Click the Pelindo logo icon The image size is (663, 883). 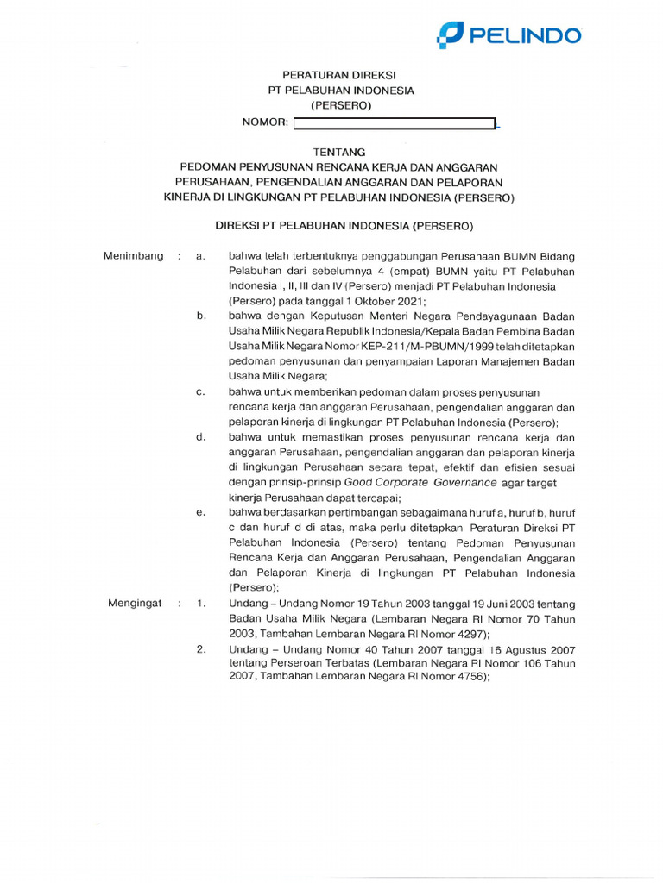click(x=451, y=35)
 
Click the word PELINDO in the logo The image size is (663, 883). click(x=524, y=35)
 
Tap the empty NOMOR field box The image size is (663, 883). click(x=394, y=124)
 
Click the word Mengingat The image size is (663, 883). click(x=135, y=604)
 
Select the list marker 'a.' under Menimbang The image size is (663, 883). click(x=200, y=256)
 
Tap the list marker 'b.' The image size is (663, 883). click(x=200, y=316)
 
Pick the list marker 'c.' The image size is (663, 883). click(x=200, y=391)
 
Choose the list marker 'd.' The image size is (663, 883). click(x=200, y=436)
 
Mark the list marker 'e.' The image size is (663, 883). click(x=200, y=512)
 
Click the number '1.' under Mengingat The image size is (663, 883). click(x=201, y=604)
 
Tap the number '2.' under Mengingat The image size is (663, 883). click(x=201, y=648)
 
